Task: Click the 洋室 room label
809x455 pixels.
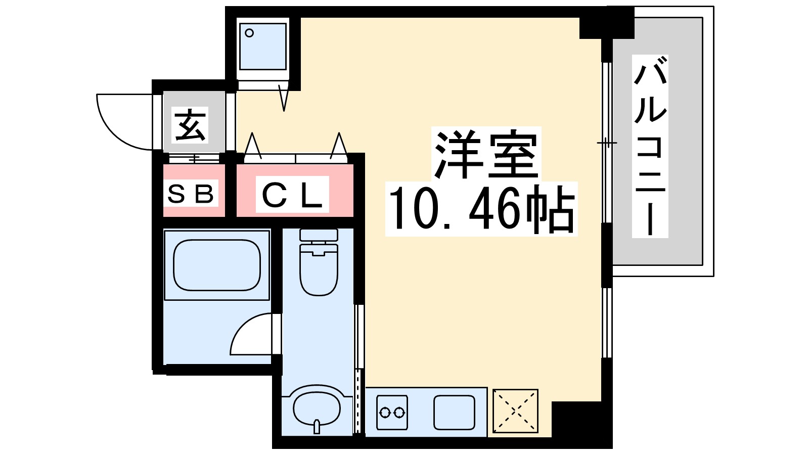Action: [x=485, y=154]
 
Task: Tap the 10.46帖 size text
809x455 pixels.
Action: [x=481, y=209]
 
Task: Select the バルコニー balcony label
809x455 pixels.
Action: [x=650, y=147]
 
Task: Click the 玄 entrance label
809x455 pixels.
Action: [x=190, y=125]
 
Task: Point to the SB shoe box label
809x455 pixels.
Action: [x=191, y=194]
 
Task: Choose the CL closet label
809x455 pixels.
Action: [x=292, y=195]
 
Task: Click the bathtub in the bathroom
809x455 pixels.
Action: [x=216, y=265]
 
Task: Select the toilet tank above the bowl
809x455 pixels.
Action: [x=319, y=235]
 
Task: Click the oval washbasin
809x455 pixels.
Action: [x=317, y=407]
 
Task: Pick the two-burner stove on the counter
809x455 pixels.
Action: [x=392, y=413]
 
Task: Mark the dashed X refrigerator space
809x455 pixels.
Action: [x=515, y=411]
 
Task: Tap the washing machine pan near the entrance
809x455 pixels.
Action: [x=262, y=47]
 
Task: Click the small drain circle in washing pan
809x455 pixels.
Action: [x=249, y=33]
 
